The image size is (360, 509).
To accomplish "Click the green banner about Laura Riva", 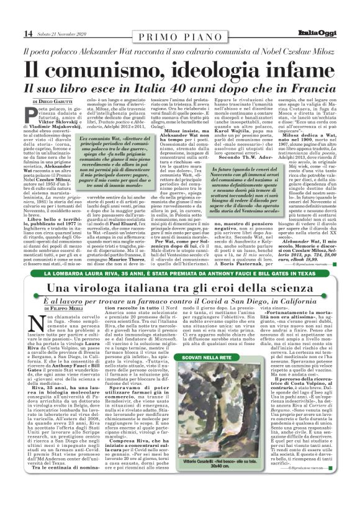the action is [x=180, y=274].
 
